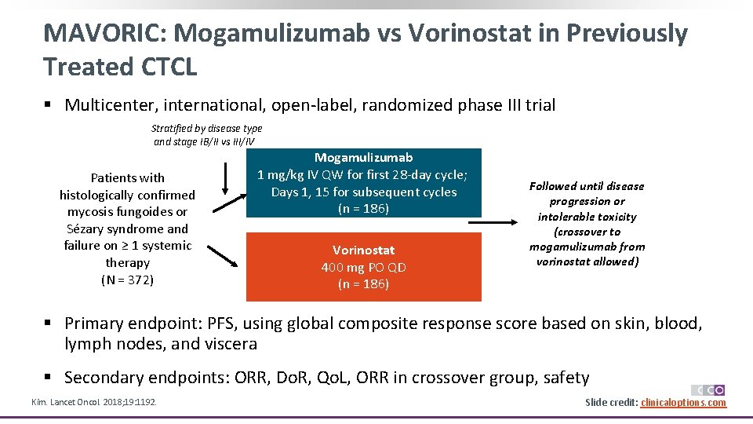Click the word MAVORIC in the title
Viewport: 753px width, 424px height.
pyautogui.click(x=104, y=33)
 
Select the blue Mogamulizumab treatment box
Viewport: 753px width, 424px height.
pyautogui.click(x=363, y=183)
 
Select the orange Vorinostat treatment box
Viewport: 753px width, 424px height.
pyautogui.click(x=363, y=267)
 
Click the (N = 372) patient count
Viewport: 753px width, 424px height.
pyautogui.click(x=127, y=280)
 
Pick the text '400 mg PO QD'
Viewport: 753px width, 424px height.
pyautogui.click(x=363, y=267)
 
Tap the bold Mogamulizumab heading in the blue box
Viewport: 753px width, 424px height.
pyautogui.click(x=363, y=157)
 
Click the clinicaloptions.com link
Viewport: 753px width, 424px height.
pyautogui.click(x=683, y=403)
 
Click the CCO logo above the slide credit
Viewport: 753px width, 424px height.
pyautogui.click(x=708, y=389)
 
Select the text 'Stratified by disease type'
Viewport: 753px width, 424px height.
pyautogui.click(x=206, y=128)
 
